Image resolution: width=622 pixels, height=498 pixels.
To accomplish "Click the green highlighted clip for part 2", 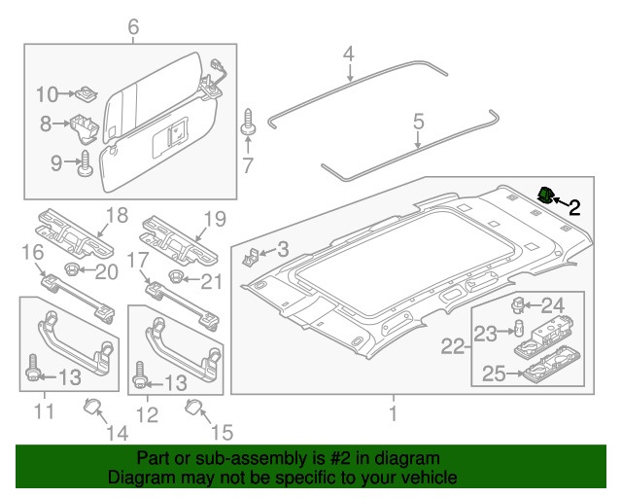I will click(546, 196).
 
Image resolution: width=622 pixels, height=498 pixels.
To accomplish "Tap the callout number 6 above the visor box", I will click(133, 27).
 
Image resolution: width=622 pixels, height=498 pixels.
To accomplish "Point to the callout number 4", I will click(348, 53).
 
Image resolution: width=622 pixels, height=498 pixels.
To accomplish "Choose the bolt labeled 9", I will click(84, 162).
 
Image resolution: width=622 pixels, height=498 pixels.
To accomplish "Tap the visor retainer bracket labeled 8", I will click(84, 125).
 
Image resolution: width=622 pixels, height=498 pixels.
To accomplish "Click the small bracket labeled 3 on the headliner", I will click(252, 258).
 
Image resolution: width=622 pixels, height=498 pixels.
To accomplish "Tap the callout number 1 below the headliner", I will click(393, 414).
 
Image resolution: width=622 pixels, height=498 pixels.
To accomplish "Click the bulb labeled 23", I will click(519, 324).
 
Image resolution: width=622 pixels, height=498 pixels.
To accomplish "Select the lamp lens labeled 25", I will click(540, 371).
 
